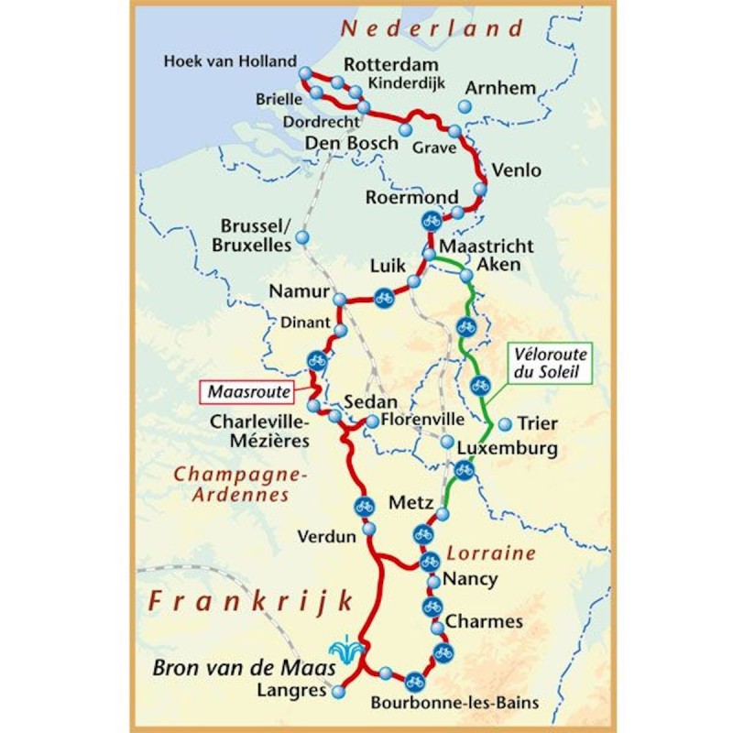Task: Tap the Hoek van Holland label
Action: [x=230, y=61]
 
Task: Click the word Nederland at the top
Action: [x=432, y=27]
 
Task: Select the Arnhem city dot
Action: [x=465, y=108]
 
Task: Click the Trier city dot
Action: [x=504, y=423]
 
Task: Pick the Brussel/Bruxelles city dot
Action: [x=302, y=238]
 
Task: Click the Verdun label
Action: [x=326, y=537]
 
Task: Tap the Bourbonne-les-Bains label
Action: [x=454, y=704]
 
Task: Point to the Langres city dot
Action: [x=339, y=692]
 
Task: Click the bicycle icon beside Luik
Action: [x=383, y=296]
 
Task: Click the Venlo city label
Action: [x=517, y=170]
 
